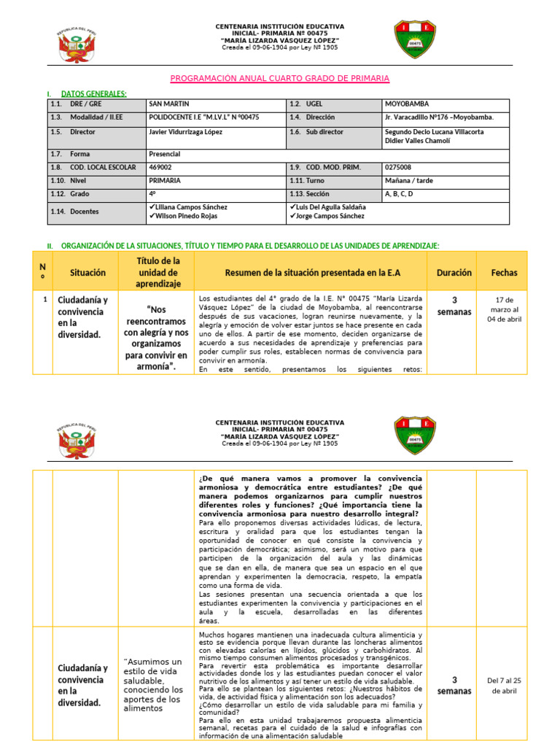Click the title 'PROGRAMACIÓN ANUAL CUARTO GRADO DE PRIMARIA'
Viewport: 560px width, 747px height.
point(279,78)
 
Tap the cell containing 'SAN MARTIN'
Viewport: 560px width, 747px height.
point(169,104)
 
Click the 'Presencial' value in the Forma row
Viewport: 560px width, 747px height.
point(165,154)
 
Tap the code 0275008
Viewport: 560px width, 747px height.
point(398,167)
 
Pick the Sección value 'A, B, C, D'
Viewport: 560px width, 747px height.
point(399,193)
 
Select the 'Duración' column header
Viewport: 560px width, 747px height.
point(454,272)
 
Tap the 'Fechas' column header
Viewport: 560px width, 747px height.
point(504,272)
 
